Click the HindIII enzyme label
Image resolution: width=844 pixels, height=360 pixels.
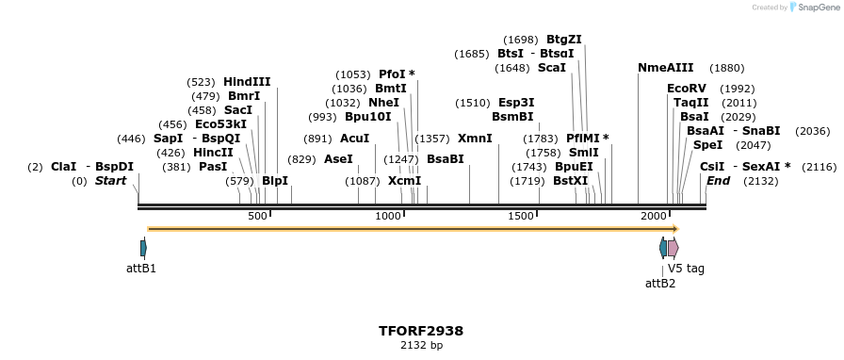(247, 82)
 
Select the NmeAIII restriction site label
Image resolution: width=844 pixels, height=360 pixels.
(665, 68)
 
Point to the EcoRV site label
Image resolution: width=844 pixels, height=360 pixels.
(686, 89)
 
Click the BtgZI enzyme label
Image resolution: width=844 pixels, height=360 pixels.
(564, 40)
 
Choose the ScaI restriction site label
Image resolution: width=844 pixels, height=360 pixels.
(552, 68)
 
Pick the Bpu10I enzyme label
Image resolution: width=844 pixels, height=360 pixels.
(367, 117)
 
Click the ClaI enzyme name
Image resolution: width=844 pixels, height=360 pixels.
(64, 167)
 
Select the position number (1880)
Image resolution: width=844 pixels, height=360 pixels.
(726, 68)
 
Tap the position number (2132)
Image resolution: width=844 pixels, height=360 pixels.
(760, 181)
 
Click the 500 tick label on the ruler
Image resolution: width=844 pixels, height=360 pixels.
(257, 217)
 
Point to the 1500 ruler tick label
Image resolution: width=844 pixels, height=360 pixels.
(521, 217)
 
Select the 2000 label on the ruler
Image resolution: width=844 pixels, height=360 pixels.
(654, 217)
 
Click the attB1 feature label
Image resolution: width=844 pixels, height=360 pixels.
(141, 269)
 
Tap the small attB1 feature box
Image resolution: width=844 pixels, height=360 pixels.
(143, 248)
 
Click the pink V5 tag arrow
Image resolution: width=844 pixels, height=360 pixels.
(673, 248)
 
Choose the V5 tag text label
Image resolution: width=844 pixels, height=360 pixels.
(686, 269)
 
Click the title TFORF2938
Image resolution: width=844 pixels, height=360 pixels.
(421, 332)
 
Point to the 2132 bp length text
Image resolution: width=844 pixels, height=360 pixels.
(421, 346)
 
